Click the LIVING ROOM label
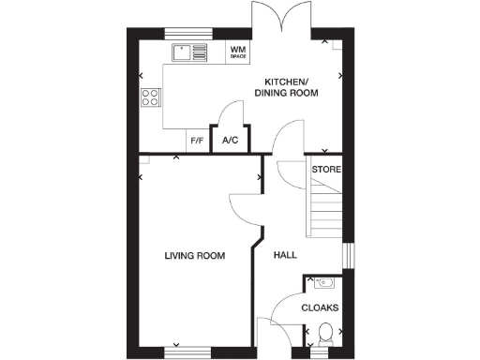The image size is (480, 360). click(x=194, y=256)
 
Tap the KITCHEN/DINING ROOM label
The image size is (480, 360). click(x=291, y=87)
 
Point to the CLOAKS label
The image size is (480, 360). click(x=321, y=307)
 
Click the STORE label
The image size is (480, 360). click(x=326, y=170)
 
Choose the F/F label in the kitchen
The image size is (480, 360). click(x=197, y=142)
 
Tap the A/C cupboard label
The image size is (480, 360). click(x=230, y=142)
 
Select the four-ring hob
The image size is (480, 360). click(x=150, y=97)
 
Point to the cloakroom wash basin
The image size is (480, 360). click(x=324, y=282)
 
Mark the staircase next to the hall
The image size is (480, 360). click(x=324, y=211)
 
